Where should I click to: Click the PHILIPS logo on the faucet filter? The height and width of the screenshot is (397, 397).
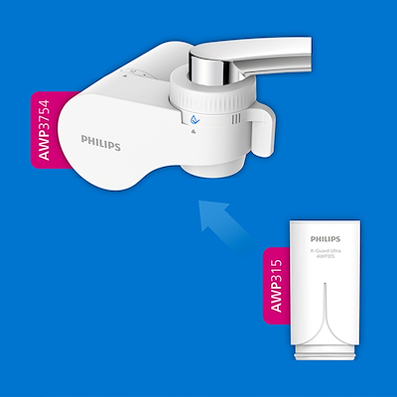coord(101,145)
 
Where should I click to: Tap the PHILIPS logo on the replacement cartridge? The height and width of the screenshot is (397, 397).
coord(331,239)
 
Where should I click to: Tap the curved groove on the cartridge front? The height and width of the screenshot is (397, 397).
coord(331,303)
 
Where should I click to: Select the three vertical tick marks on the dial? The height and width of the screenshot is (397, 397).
coord(235,123)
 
